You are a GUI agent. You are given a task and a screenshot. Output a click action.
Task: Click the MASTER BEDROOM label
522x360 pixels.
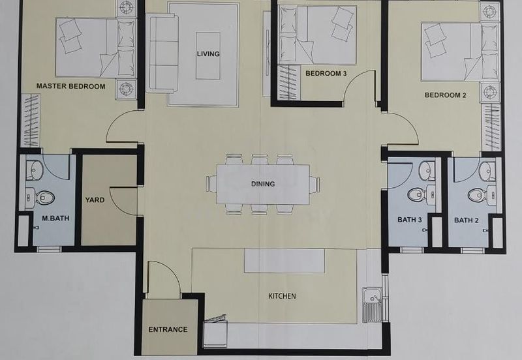tap(70, 86)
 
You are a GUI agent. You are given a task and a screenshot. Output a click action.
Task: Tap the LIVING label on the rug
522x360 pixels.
tap(209, 54)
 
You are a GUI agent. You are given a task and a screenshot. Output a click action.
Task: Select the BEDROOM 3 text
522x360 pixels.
tap(326, 74)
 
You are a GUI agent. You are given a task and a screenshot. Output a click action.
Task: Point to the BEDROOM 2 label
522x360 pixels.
tap(446, 95)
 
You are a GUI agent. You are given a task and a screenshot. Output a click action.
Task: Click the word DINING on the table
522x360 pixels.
tap(263, 184)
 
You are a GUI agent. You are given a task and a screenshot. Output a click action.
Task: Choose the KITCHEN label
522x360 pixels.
tap(282, 296)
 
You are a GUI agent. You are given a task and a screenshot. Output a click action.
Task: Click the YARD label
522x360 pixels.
tap(96, 201)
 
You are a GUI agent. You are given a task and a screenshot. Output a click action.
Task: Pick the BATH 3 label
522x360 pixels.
tap(410, 220)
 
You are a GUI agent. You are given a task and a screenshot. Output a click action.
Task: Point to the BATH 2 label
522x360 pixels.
tap(467, 220)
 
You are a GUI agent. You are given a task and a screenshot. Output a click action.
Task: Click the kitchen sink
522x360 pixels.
tap(371, 305)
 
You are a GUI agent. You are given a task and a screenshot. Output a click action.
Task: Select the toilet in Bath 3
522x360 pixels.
tap(416, 194)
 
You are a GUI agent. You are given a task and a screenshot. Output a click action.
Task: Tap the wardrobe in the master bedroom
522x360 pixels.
tap(30, 120)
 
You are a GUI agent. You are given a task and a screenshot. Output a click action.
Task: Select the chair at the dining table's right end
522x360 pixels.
tap(315, 185)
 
